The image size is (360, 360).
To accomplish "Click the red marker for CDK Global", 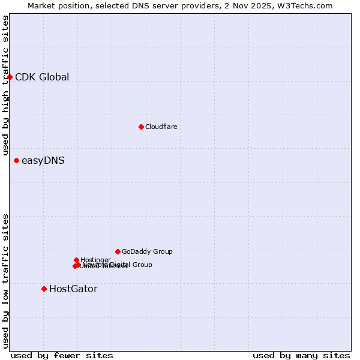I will click(x=10, y=77).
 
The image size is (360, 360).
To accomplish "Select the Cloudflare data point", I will click(x=141, y=127).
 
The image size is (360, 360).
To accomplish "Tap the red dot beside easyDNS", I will click(x=16, y=160).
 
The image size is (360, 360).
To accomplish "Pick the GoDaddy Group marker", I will click(x=118, y=251).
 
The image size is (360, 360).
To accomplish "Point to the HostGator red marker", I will click(x=44, y=289).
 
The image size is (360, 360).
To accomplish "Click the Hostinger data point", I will click(x=76, y=260).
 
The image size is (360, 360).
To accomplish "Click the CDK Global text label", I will click(x=42, y=77).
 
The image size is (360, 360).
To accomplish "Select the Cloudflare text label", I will click(x=161, y=127).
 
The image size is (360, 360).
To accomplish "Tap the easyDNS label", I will click(x=43, y=160).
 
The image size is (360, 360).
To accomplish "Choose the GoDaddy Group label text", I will click(x=147, y=251).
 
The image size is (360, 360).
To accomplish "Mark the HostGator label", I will click(x=73, y=289).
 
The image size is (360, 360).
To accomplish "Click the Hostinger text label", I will click(x=95, y=260).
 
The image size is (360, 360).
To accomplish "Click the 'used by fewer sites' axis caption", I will click(x=62, y=355).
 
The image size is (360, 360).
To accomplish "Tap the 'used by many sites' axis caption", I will click(x=301, y=355).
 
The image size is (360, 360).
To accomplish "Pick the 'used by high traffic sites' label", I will click(x=6, y=85).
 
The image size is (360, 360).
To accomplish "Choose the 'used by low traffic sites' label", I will click(x=6, y=280).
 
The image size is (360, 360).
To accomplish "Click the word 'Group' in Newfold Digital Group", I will click(x=142, y=265).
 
